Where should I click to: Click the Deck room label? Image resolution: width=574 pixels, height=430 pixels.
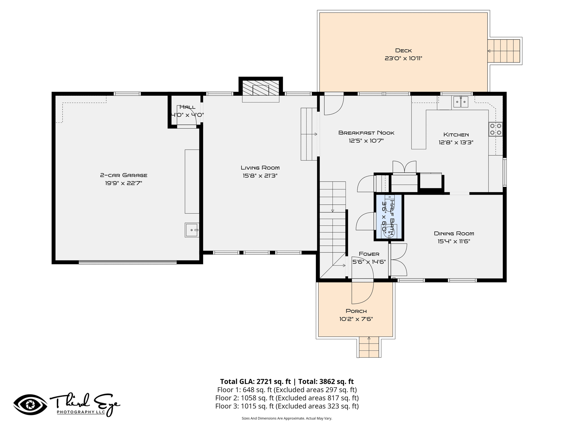coord(403,50)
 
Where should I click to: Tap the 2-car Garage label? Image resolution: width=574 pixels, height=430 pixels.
coord(124,175)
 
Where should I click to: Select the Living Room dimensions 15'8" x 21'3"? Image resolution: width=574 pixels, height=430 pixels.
coord(260,176)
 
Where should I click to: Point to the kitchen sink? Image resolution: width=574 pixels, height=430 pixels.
coord(461,102)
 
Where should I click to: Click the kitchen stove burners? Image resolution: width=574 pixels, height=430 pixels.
coord(496,129)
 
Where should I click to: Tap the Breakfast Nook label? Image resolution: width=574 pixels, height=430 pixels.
coord(366,133)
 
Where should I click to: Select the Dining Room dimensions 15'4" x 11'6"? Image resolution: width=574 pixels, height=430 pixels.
coord(454,241)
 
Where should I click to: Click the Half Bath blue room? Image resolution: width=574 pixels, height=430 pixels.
coord(389,217)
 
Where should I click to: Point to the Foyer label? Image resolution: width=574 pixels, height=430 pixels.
coord(369,254)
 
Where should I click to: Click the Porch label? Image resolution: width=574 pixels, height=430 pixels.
coord(356,311)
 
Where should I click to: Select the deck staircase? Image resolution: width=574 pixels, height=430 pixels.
coord(504,51)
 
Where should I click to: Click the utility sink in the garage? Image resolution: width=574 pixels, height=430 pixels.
coord(192,230)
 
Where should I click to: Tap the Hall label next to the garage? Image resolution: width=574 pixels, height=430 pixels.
coord(187,107)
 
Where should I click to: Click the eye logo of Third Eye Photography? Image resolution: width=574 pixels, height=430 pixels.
coord(31,405)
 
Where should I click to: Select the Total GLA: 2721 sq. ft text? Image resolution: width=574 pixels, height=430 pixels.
coord(255,382)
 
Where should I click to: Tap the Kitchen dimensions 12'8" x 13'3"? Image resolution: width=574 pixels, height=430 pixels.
coord(456,142)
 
